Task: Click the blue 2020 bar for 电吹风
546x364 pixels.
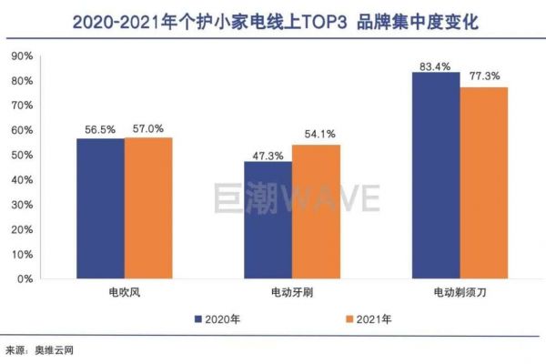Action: [100, 208]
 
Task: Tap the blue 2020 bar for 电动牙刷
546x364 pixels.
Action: [268, 219]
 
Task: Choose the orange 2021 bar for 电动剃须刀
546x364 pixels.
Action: [484, 182]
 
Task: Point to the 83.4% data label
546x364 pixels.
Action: [436, 64]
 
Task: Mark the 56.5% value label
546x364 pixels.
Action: [100, 130]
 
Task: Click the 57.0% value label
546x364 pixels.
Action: [148, 129]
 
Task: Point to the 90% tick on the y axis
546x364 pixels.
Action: [21, 56]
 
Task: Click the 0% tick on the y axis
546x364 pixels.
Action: [25, 278]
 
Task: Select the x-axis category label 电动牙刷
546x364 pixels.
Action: [291, 294]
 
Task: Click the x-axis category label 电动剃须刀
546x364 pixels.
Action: [460, 294]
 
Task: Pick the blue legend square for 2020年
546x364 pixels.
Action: [197, 319]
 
